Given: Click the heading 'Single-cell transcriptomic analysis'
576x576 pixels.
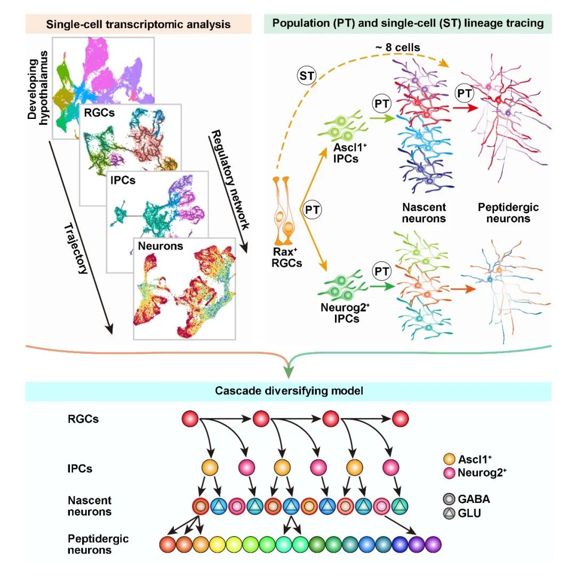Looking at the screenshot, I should tap(138, 24).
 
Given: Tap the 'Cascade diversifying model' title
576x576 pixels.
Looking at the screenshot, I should tap(289, 391).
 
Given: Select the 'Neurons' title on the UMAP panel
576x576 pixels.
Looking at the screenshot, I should tap(160, 246).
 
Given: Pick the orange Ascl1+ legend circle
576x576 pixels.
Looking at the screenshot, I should tap(449, 459).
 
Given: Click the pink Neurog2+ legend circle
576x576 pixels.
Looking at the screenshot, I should tap(449, 471).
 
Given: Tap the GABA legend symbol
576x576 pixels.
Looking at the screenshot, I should tap(449, 499).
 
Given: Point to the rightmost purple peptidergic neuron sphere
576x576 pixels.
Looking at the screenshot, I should tap(433, 544).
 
